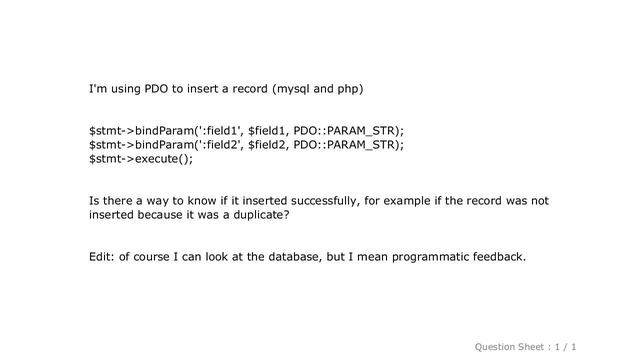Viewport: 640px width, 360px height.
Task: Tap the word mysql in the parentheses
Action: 293,90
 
